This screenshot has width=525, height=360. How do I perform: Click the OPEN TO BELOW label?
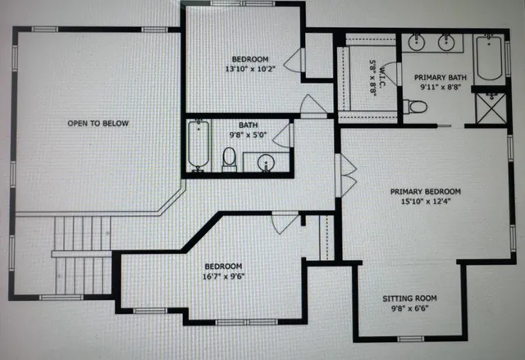pyautogui.click(x=98, y=123)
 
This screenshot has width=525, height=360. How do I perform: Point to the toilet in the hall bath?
pyautogui.click(x=230, y=157)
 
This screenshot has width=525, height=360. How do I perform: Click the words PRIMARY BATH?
pyautogui.click(x=440, y=78)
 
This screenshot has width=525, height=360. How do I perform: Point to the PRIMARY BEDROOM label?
pyautogui.click(x=425, y=192)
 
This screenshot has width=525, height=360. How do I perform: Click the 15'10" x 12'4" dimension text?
pyautogui.click(x=425, y=202)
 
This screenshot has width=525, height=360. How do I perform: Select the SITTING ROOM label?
pyautogui.click(x=410, y=298)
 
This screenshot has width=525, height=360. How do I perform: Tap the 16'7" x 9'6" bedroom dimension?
pyautogui.click(x=223, y=277)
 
